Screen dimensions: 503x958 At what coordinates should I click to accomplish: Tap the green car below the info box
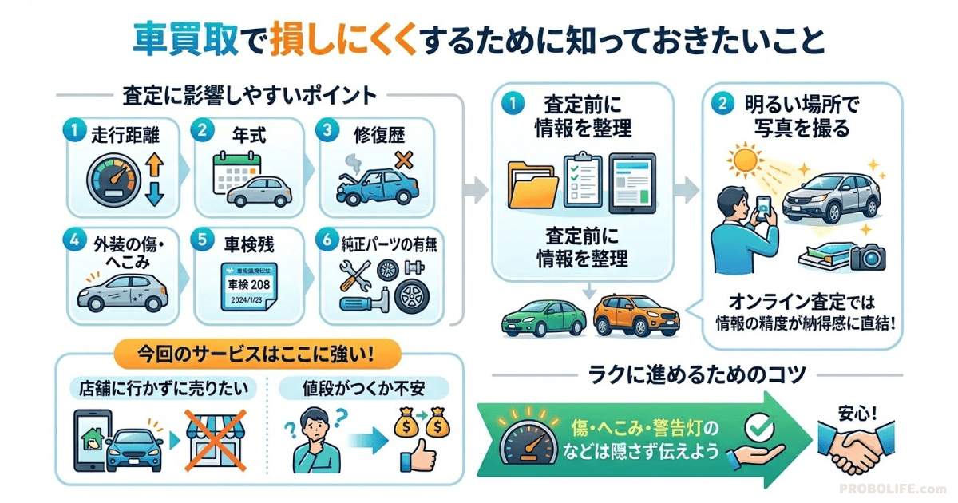tap(544, 317)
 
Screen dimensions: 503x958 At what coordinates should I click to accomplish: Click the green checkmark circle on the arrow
tap(754, 429)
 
